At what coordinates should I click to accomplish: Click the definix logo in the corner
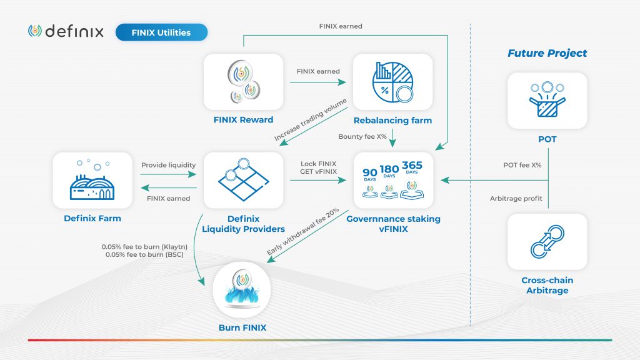tap(66, 31)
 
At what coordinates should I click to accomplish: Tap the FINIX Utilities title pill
tap(161, 32)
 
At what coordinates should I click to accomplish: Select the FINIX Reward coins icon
tap(244, 82)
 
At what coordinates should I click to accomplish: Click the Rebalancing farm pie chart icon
tap(392, 82)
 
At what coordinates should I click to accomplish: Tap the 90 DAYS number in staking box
tap(370, 172)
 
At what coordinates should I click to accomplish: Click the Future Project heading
tap(547, 53)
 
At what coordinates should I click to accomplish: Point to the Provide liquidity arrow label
tap(168, 165)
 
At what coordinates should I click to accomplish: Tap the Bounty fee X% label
tap(359, 136)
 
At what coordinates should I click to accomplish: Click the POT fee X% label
tap(522, 165)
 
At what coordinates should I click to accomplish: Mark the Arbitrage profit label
tap(516, 199)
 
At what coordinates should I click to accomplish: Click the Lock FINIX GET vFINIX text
tap(318, 167)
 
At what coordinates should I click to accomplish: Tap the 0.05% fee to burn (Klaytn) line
tap(142, 247)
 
